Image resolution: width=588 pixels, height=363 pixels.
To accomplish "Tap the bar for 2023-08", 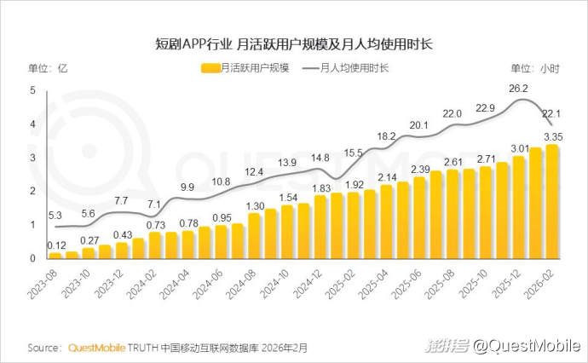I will click(x=55, y=254).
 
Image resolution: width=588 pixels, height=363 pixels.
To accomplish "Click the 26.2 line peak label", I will click(x=519, y=88).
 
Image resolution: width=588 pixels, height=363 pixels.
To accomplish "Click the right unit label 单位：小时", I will click(x=535, y=68).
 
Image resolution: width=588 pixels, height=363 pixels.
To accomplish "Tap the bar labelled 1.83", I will click(x=320, y=227).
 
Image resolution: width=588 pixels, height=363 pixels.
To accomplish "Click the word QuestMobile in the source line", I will click(x=95, y=349).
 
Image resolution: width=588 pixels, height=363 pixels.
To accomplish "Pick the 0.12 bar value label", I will click(x=57, y=245).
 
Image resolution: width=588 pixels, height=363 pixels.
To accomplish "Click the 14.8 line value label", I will click(x=320, y=158).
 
